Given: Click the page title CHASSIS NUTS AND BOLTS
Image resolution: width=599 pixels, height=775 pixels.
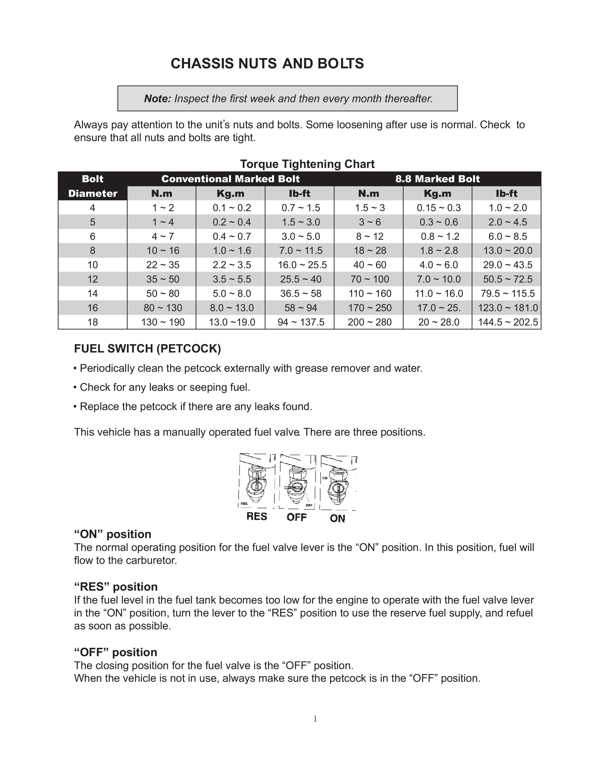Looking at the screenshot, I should tap(267, 63).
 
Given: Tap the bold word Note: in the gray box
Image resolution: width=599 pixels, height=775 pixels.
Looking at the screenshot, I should tap(158, 99).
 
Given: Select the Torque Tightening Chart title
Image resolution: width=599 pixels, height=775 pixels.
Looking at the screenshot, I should tap(307, 164).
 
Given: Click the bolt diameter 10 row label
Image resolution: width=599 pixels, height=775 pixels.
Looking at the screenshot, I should tap(93, 265).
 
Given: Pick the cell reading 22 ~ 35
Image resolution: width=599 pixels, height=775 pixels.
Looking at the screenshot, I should tap(163, 265).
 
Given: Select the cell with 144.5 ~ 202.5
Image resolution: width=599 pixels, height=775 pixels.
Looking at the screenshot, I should tap(507, 322).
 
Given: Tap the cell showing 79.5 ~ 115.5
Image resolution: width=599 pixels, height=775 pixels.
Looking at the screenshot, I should tap(507, 294).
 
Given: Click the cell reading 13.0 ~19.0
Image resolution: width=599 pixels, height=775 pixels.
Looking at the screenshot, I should tap(232, 322).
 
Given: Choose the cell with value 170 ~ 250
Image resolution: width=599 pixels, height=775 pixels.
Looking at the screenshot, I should tap(370, 308).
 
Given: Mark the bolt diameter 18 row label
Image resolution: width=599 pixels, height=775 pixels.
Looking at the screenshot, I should tap(93, 322).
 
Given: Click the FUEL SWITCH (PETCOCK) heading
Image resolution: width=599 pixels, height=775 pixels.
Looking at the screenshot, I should tap(147, 349).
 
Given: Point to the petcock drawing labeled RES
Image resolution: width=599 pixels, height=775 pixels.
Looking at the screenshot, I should tap(256, 483).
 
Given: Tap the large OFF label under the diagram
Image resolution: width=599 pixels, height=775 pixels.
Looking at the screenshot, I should tap(297, 517).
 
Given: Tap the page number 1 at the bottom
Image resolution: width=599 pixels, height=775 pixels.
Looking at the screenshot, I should tap(315, 719).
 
